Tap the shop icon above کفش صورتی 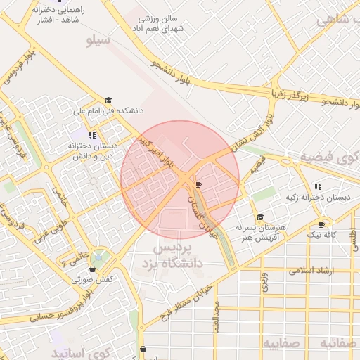[x=91, y=269]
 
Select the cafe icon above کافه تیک [x=321, y=224]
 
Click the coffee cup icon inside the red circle [x=198, y=184]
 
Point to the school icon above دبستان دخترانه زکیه [x=317, y=187]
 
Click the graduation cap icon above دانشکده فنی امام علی [x=108, y=101]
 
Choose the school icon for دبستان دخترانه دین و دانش [x=92, y=134]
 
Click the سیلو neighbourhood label [x=98, y=40]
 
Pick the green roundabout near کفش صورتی [x=101, y=257]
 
